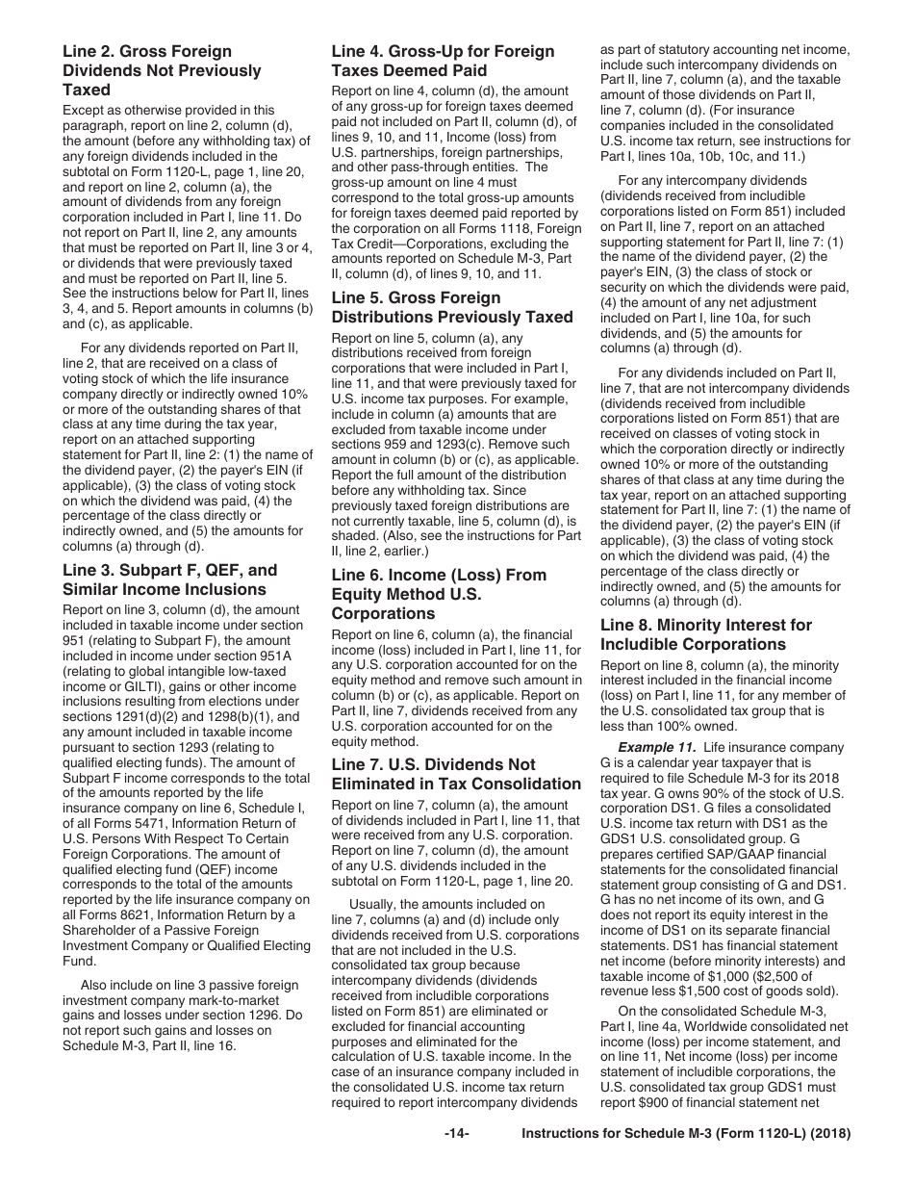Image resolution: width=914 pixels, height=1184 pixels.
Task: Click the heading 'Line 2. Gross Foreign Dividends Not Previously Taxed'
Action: coord(162,71)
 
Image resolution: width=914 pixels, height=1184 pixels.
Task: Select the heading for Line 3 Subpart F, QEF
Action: coord(169,579)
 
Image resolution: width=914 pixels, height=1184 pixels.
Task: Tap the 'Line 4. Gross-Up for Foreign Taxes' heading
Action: coord(443,61)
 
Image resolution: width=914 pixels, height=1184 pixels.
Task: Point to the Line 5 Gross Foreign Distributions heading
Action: coord(452,307)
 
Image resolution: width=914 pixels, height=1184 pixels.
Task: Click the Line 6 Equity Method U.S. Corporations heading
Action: coord(439,594)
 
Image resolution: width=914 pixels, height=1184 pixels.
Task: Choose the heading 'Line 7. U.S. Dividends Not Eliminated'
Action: coord(456,774)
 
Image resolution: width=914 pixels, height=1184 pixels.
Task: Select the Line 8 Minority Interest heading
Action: coord(705,634)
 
